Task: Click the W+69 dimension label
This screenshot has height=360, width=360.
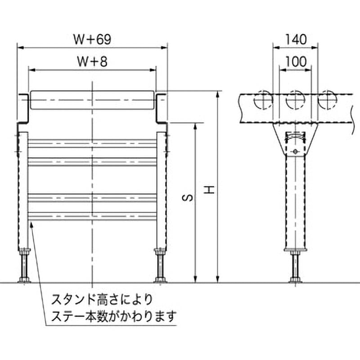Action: click(x=92, y=40)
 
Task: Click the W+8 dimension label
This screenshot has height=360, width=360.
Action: click(x=92, y=63)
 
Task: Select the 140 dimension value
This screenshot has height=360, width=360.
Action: click(x=295, y=40)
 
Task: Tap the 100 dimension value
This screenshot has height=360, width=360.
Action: click(x=295, y=63)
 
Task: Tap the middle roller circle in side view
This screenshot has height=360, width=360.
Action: click(x=295, y=100)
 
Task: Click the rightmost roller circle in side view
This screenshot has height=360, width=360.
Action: click(x=327, y=100)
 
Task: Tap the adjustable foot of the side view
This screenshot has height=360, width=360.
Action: click(x=295, y=267)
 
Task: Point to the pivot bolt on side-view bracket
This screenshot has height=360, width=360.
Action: click(x=295, y=151)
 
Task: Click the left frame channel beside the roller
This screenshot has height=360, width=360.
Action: click(x=23, y=108)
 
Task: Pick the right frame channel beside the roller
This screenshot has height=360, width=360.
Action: click(x=162, y=108)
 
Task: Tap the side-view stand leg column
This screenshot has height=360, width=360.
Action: click(x=295, y=202)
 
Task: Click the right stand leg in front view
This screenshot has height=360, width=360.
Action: click(x=161, y=189)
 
